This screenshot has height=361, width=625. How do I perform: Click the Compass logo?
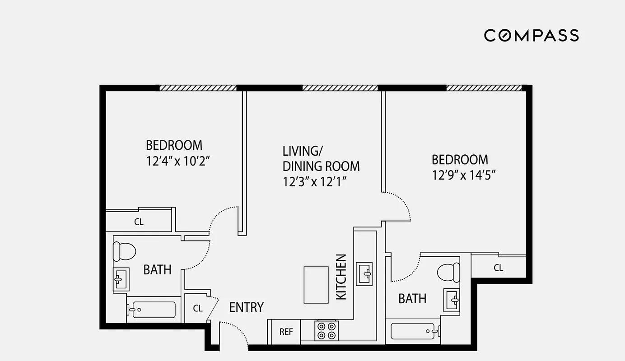tap(531, 35)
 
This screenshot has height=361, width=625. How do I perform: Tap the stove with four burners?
tap(326, 330)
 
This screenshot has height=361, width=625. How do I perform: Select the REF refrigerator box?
tap(286, 332)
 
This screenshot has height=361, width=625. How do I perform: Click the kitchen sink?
tap(364, 273)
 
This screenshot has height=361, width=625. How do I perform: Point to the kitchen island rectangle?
tap(316, 285)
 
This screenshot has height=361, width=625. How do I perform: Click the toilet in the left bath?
tap(124, 251)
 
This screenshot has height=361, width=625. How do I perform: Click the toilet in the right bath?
tap(448, 273)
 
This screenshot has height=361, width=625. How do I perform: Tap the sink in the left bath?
tap(121, 280)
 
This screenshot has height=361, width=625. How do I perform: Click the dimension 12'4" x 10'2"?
tap(178, 161)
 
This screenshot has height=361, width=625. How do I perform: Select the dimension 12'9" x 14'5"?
tap(464, 175)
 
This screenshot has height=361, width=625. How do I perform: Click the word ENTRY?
tap(246, 308)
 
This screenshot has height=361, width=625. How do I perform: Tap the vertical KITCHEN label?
tap(341, 277)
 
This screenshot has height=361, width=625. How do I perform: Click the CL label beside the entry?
tap(198, 309)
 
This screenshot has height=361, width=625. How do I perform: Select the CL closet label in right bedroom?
tap(498, 268)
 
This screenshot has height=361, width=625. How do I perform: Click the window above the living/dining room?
tap(340, 88)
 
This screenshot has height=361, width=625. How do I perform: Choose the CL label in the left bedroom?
tap(139, 222)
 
